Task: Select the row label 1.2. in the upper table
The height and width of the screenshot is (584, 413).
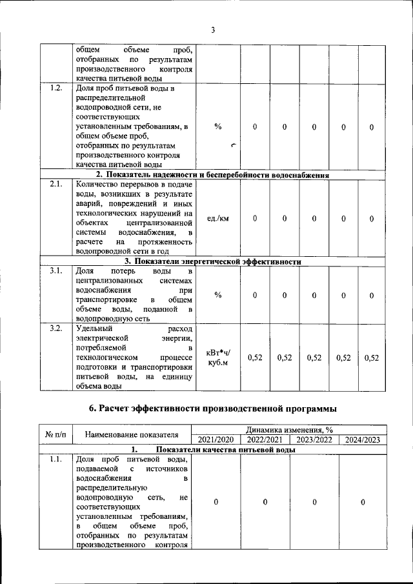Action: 55,88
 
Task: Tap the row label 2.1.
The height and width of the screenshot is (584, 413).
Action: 55,185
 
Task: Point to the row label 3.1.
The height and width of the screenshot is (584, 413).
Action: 55,271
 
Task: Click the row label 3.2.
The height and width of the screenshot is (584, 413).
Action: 55,328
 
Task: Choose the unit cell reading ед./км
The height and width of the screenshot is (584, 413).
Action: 218,219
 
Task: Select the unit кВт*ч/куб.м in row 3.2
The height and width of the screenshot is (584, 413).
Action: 218,357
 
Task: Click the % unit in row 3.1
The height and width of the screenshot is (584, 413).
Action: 218,295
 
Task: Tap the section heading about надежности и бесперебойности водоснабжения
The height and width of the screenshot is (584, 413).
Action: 213,175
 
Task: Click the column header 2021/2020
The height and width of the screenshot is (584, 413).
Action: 216,439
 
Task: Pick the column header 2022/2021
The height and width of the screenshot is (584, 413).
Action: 265,439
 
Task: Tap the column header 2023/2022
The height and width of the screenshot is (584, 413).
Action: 314,439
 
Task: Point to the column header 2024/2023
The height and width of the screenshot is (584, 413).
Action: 363,439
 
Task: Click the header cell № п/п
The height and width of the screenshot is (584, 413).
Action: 55,435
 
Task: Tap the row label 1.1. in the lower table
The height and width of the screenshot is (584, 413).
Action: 55,459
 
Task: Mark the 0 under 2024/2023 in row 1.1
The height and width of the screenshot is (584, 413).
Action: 363,502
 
